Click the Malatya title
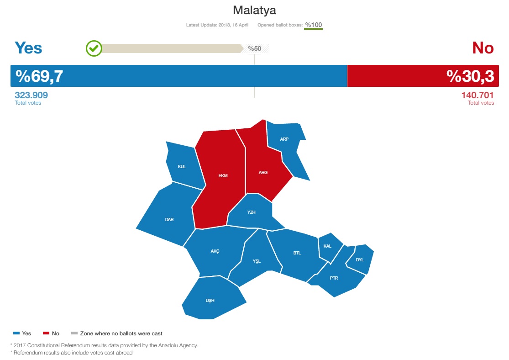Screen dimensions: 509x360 click(x=255, y=11)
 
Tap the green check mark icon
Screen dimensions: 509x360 click(x=94, y=48)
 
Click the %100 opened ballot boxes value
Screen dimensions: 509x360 click(x=313, y=25)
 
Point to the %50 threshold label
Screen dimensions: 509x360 click(x=255, y=48)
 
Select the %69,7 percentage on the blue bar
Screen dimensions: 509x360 click(x=39, y=76)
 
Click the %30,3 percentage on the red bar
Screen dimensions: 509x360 click(x=470, y=76)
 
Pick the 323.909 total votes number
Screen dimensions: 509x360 click(x=31, y=95)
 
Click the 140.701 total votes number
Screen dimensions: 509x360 click(x=478, y=95)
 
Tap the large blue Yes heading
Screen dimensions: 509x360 click(x=28, y=48)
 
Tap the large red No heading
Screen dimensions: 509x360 click(x=483, y=48)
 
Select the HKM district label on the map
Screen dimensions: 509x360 click(x=223, y=176)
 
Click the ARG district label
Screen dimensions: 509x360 click(x=263, y=173)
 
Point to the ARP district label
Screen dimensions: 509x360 click(x=284, y=139)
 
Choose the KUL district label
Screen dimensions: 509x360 click(x=182, y=167)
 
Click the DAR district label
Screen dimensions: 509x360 click(x=169, y=220)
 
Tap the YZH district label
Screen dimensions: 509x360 click(x=251, y=212)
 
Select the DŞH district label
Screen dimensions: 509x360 click(x=210, y=301)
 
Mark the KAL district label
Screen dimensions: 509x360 click(x=327, y=246)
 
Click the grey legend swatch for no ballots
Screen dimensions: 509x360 click(x=74, y=333)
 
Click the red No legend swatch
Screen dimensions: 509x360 click(x=46, y=333)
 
